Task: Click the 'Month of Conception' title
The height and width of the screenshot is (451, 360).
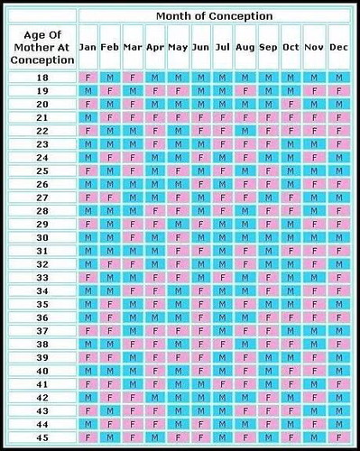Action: pos(214,15)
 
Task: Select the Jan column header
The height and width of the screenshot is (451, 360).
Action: pos(88,46)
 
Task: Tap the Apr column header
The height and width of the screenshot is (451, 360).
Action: pos(155,46)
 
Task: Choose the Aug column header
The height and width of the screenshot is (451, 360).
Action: pos(245,46)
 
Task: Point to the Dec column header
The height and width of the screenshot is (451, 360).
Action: pos(338,46)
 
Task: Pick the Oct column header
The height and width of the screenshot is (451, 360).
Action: pos(291,46)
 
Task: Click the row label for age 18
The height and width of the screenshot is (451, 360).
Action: pos(42,78)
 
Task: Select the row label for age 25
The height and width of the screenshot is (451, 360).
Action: pos(42,170)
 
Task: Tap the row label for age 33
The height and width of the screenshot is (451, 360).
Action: pos(42,278)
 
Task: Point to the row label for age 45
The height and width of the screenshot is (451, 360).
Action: pos(42,437)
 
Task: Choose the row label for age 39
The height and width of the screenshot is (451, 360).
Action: pos(42,357)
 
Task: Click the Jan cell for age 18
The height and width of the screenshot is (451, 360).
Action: pos(88,78)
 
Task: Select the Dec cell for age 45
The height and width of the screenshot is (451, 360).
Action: pos(338,437)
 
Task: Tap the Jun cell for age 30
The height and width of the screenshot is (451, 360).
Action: pos(200,237)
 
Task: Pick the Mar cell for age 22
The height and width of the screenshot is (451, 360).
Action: pos(133,131)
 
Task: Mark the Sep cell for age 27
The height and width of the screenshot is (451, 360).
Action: pos(268,198)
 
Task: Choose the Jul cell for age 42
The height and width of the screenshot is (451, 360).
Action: pos(223,398)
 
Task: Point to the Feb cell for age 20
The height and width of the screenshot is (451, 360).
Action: pos(110,105)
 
